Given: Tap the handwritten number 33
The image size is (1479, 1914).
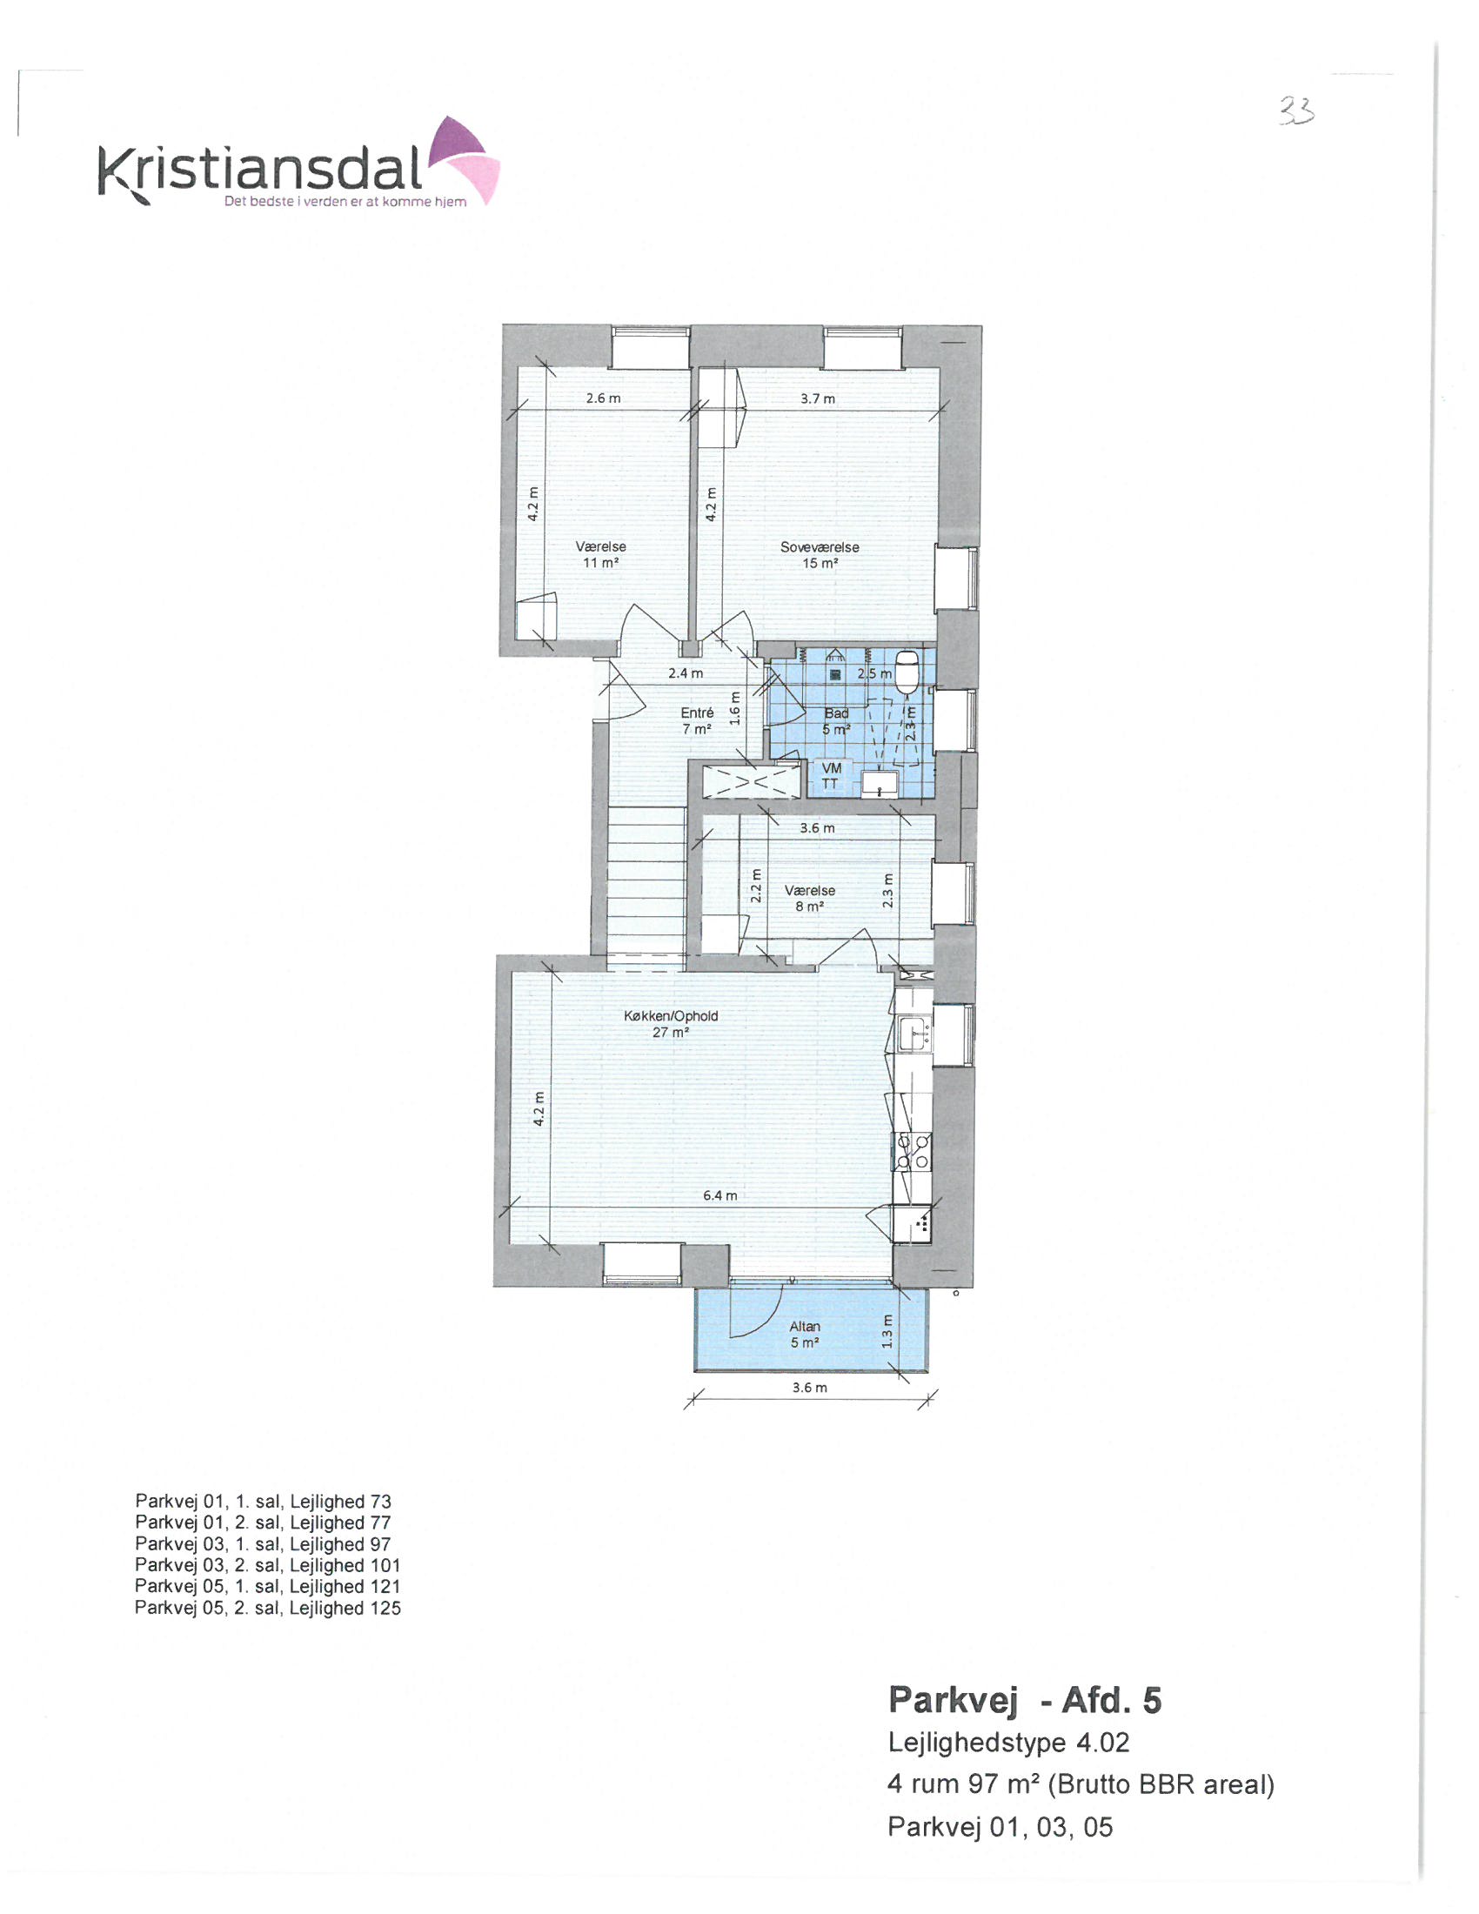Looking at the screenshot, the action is pyautogui.click(x=1297, y=111).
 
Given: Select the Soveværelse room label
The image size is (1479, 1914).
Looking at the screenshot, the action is pyautogui.click(x=820, y=555).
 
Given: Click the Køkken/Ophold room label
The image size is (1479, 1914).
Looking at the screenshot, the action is pyautogui.click(x=670, y=1024).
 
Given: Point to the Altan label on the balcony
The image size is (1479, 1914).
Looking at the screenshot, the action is pyautogui.click(x=805, y=1334).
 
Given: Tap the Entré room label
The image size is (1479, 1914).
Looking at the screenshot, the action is pyautogui.click(x=697, y=720).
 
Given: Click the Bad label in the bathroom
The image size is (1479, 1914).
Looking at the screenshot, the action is pyautogui.click(x=836, y=720).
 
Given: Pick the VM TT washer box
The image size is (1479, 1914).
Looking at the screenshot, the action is pyautogui.click(x=830, y=775).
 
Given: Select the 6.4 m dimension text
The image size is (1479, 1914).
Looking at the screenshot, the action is pyautogui.click(x=720, y=1195).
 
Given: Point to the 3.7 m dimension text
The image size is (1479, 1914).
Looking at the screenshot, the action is pyautogui.click(x=818, y=398).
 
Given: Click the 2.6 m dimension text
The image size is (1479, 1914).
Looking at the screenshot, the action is pyautogui.click(x=603, y=398).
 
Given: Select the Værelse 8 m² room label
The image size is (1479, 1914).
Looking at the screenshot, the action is pyautogui.click(x=810, y=898).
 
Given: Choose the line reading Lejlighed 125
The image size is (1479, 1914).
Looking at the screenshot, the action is pyautogui.click(x=267, y=1607).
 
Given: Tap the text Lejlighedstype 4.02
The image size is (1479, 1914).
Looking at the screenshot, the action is pyautogui.click(x=1008, y=1743).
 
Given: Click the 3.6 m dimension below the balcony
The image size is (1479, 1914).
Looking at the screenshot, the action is pyautogui.click(x=809, y=1388).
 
